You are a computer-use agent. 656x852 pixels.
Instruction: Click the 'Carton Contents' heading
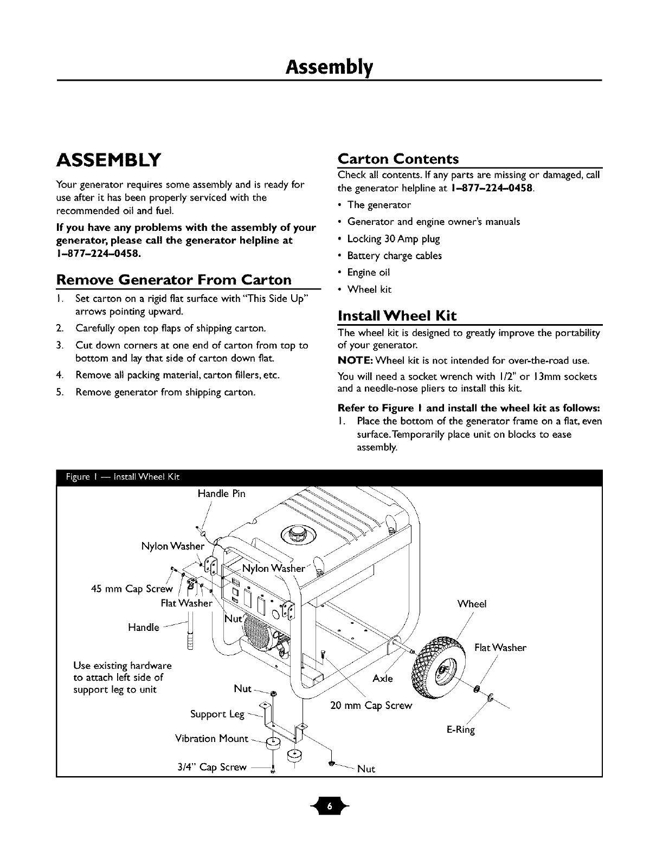coord(398,159)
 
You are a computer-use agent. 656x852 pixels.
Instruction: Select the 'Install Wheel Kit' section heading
coord(397,316)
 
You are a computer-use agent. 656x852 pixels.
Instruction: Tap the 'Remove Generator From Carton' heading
coord(174,280)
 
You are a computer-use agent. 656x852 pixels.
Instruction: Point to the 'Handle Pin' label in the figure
coord(221,494)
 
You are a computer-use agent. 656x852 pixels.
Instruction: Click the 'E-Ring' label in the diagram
coord(460,730)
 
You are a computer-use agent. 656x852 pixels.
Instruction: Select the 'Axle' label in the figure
coord(383,679)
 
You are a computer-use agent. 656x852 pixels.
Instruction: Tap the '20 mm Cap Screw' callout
coord(371,706)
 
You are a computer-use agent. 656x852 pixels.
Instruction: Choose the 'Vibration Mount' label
coord(211,739)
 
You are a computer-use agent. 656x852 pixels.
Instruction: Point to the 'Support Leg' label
coord(217,714)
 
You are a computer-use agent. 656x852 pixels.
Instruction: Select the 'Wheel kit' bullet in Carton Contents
coord(369,289)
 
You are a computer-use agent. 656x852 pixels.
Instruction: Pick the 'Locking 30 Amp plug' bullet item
coord(394,238)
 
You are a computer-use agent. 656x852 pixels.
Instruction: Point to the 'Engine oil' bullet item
coord(369,272)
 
